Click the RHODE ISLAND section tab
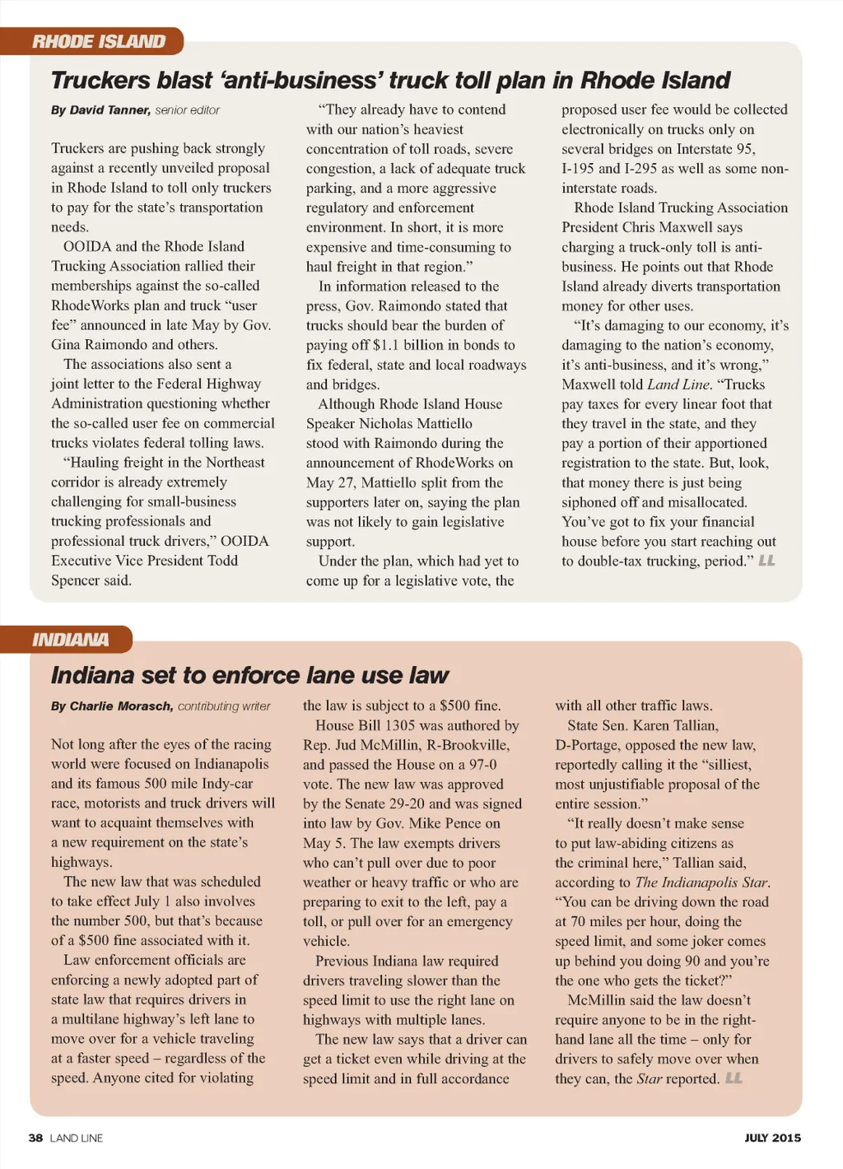point(99,41)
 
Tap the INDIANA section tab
point(71,640)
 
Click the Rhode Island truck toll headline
point(390,81)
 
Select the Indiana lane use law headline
point(249,676)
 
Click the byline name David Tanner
point(109,110)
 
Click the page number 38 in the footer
point(35,1138)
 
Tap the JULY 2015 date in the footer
point(772,1138)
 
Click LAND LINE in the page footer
point(77,1138)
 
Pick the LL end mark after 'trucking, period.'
point(766,561)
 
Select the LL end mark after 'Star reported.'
point(734,1078)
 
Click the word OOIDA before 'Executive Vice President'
point(245,541)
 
